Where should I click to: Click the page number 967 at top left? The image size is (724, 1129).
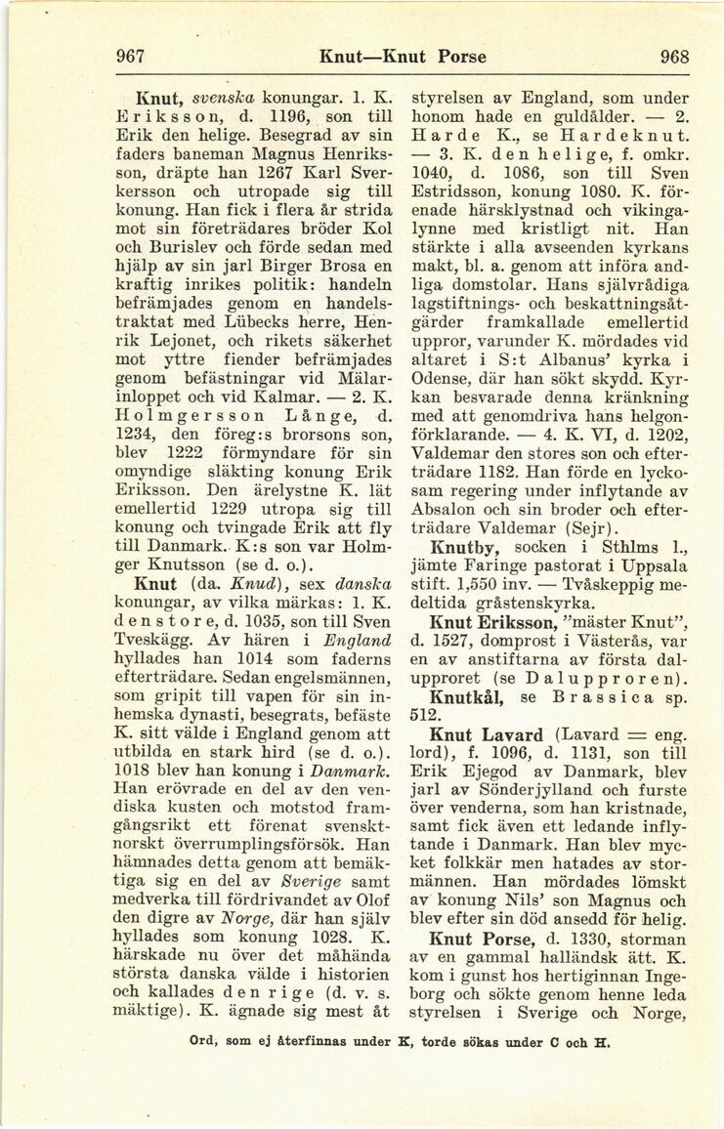click(131, 56)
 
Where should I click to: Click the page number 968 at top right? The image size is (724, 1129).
click(674, 56)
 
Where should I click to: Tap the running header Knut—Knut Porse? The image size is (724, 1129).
click(404, 56)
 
